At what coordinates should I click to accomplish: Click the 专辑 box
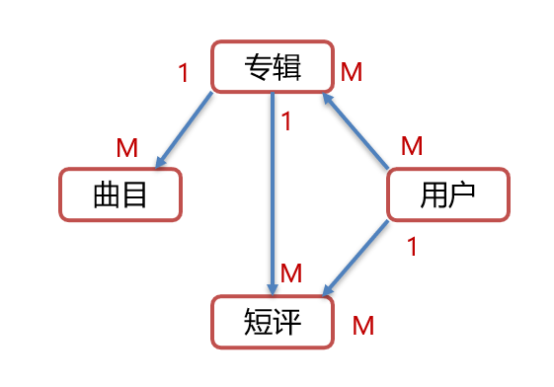point(272,67)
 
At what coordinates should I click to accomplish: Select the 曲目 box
point(120,194)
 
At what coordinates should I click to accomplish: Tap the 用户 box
point(447,194)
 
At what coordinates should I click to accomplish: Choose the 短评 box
point(272,321)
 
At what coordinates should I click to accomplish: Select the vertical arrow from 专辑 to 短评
point(273,188)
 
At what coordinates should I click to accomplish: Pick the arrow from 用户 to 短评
point(357,258)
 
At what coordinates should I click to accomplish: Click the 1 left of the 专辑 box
point(183,73)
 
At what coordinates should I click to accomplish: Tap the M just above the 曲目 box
point(126,148)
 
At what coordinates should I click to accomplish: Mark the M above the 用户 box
point(412,146)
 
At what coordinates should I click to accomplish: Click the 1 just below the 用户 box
point(413,248)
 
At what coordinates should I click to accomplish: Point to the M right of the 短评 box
point(363,325)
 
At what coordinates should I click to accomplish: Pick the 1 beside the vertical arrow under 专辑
point(286,122)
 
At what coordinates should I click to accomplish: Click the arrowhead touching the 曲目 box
point(161,161)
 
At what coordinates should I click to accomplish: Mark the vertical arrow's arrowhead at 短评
point(273,285)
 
